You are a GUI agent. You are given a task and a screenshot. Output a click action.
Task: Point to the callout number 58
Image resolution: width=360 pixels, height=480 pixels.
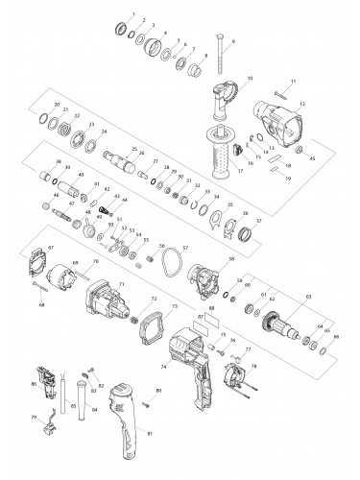(231, 259)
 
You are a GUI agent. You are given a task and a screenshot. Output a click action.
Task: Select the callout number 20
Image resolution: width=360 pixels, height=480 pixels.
(56, 104)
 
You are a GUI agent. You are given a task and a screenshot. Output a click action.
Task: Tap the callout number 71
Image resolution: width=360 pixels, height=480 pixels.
(122, 285)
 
